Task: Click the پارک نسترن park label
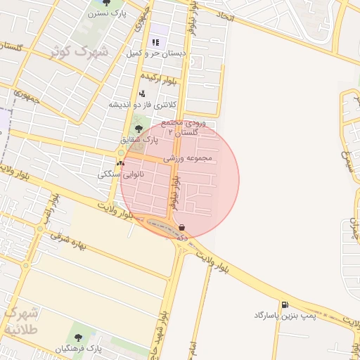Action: point(111,13)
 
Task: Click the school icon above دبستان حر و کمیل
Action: point(155,42)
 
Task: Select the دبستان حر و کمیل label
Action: point(155,53)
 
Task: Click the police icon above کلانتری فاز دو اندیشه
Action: point(142,94)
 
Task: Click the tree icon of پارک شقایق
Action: point(139,129)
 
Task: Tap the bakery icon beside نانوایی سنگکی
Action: point(120,163)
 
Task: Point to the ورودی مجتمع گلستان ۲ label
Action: point(186,127)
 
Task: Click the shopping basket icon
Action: point(183,228)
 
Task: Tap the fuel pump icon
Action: point(285,304)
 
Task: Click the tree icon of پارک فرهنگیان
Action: point(78,337)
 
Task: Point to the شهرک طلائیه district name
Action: point(25,321)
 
